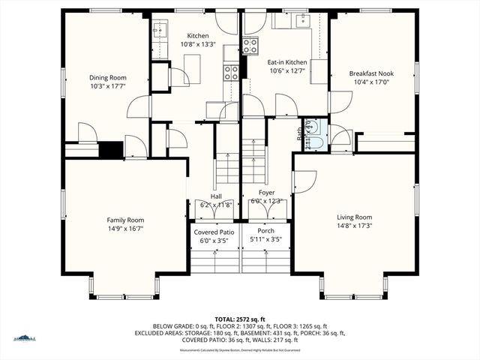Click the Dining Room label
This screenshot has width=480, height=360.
(108, 77)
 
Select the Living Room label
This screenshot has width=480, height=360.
(354, 217)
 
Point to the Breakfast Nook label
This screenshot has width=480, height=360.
(370, 73)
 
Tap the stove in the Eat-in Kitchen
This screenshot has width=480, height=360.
(250, 46)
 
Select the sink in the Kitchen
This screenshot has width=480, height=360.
(160, 30)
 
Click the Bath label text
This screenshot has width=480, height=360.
(301, 135)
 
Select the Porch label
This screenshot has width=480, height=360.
(265, 230)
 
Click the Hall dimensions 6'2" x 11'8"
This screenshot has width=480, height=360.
(215, 205)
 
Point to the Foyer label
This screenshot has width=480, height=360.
(267, 193)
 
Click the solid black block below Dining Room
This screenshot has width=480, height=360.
(111, 149)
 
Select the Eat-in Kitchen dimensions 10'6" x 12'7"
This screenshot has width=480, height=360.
(286, 71)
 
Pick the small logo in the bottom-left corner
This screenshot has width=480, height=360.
(24, 337)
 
